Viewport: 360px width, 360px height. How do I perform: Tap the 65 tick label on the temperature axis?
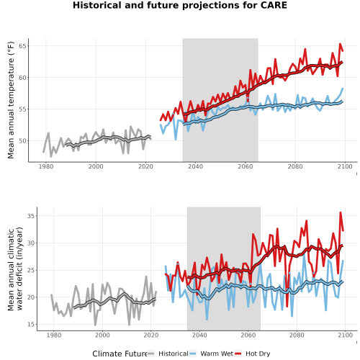pyautogui.click(x=22, y=46)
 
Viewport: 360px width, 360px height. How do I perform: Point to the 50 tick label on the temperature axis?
pyautogui.click(x=22, y=141)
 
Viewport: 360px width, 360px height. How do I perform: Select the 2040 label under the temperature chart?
pyautogui.click(x=195, y=166)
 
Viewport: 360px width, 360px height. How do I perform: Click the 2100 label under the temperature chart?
pyautogui.click(x=345, y=166)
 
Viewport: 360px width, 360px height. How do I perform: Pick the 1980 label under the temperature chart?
pyautogui.click(x=46, y=166)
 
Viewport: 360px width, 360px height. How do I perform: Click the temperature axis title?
pyautogui.click(x=11, y=100)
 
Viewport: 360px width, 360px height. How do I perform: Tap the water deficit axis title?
pyautogui.click(x=15, y=269)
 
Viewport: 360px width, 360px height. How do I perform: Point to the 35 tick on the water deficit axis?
pyautogui.click(x=31, y=216)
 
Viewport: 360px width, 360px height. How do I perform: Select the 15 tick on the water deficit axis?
pyautogui.click(x=31, y=325)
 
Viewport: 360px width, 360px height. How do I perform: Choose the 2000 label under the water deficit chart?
pyautogui.click(x=102, y=335)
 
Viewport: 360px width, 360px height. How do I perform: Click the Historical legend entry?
pyautogui.click(x=168, y=354)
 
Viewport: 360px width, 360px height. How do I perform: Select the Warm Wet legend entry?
pyautogui.click(x=211, y=354)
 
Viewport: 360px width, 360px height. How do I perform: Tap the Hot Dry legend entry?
pyautogui.click(x=253, y=354)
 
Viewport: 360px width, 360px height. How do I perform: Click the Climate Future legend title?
pyautogui.click(x=120, y=354)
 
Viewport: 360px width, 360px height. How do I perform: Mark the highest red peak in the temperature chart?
pyautogui.click(x=340, y=44)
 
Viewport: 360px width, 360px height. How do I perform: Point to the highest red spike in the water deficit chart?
pyautogui.click(x=341, y=212)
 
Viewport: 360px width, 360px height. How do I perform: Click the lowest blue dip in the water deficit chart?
pyautogui.click(x=207, y=320)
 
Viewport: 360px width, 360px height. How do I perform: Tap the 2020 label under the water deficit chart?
pyautogui.click(x=151, y=335)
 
